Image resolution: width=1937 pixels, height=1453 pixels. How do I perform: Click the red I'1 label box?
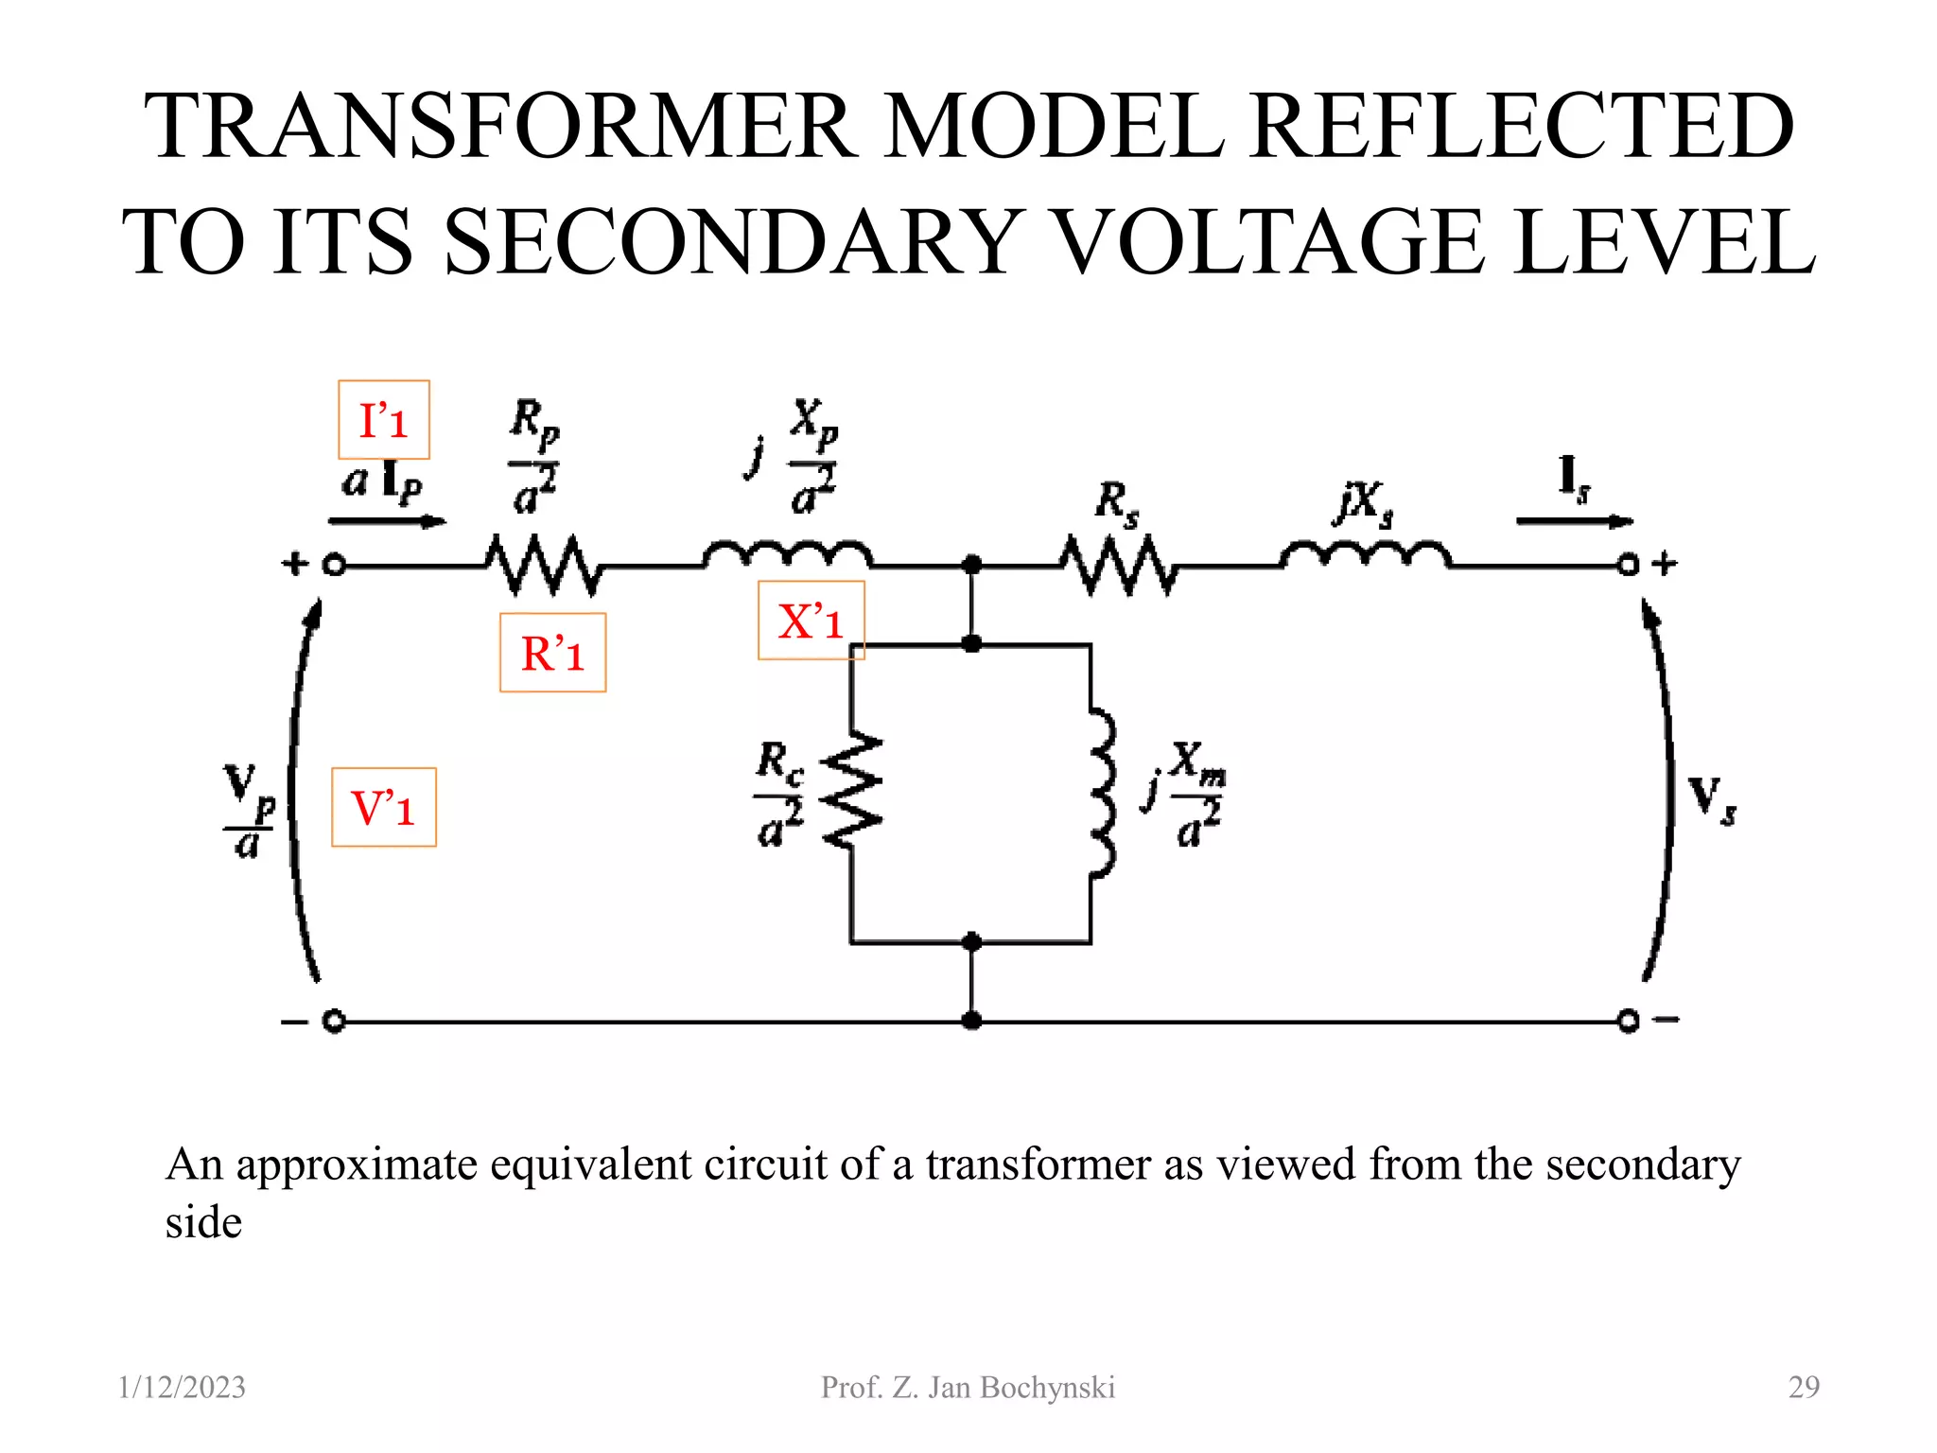tap(384, 420)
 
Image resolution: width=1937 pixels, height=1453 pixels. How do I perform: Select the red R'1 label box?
tap(552, 653)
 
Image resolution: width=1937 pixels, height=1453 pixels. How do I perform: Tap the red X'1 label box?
tap(811, 621)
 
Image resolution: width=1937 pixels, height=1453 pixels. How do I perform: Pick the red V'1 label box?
tap(383, 807)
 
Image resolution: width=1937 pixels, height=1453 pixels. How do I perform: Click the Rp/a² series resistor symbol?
tap(543, 565)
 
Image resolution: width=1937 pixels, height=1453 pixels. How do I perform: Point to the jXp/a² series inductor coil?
tap(787, 554)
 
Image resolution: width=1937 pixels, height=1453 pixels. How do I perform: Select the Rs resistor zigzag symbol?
tap(1118, 565)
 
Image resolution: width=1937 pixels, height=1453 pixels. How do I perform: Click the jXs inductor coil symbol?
tap(1365, 554)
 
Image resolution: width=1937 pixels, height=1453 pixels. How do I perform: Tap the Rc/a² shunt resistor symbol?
tap(851, 790)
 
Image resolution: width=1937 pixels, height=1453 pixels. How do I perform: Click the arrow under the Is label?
tap(1574, 521)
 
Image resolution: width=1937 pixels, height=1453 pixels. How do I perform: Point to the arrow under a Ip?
tap(386, 521)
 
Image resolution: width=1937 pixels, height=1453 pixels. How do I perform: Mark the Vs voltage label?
tap(1711, 799)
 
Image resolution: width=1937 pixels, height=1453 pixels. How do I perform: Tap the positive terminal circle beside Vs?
tap(1628, 566)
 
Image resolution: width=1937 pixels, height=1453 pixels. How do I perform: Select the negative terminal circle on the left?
tap(334, 1022)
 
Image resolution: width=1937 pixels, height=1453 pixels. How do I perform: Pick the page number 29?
tap(1803, 1387)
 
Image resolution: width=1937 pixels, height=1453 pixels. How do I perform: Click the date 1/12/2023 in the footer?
tap(182, 1387)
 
